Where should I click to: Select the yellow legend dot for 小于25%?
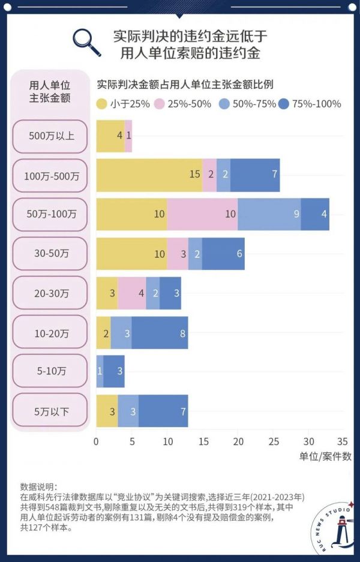click(x=101, y=104)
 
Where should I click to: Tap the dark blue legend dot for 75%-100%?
click(x=283, y=104)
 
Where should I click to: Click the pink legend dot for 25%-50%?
click(x=160, y=104)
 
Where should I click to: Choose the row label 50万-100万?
click(x=52, y=214)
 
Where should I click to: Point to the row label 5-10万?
click(x=52, y=371)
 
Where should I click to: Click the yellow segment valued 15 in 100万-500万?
click(x=149, y=175)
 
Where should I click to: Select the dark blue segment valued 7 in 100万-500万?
click(x=255, y=175)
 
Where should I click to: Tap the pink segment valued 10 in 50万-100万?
click(x=202, y=214)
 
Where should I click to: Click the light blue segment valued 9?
click(x=269, y=214)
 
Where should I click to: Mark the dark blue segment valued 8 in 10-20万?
click(x=160, y=332)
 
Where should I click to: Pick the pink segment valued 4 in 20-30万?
click(x=132, y=293)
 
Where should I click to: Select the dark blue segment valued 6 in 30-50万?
click(x=223, y=254)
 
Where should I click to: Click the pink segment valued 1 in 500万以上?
click(x=128, y=135)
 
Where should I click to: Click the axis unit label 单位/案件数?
click(x=325, y=456)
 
